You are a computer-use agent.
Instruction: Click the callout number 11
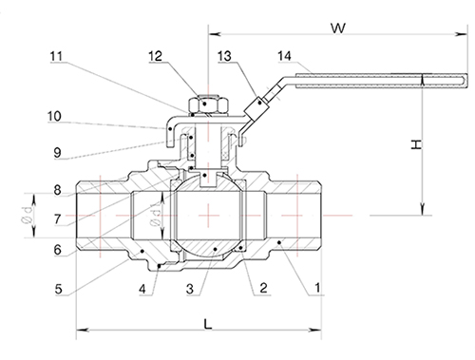[x=56, y=56]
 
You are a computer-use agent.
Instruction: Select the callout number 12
[x=156, y=56]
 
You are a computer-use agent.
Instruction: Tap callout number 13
[x=224, y=56]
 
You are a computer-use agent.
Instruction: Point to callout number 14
[x=284, y=56]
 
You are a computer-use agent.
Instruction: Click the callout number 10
[x=54, y=116]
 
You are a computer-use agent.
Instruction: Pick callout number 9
[x=57, y=153]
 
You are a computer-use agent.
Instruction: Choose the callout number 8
[x=57, y=190]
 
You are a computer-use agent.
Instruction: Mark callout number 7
[x=57, y=218]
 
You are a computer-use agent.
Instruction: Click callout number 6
[x=57, y=250]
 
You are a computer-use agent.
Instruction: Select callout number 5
[x=59, y=289]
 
